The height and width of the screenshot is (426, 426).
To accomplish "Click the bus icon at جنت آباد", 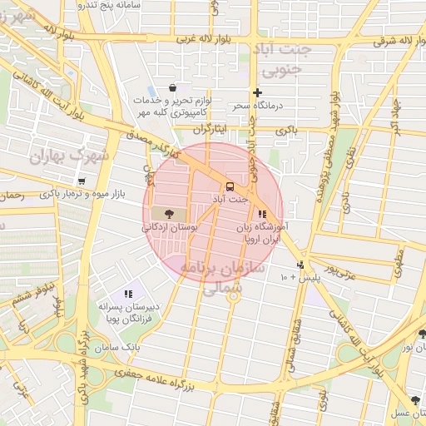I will tap(230, 186).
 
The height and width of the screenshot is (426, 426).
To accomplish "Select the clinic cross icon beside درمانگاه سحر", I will tap(257, 93).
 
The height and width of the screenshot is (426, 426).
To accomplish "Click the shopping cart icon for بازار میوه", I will tap(81, 181).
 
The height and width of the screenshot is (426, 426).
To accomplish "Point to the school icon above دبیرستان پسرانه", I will tap(128, 294).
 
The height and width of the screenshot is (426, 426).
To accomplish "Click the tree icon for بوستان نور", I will tap(422, 334).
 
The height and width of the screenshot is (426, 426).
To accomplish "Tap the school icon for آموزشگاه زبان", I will tap(263, 214).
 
